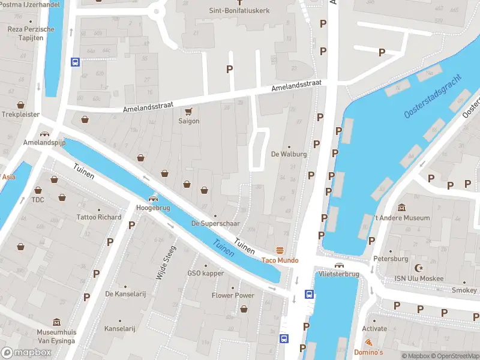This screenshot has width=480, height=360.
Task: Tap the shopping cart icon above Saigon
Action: click(x=188, y=111)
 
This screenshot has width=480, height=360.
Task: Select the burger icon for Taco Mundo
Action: click(x=279, y=250)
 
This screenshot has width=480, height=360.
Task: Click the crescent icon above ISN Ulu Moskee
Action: click(x=419, y=268)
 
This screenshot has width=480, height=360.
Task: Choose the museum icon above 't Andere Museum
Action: click(x=401, y=208)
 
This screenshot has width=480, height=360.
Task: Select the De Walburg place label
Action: click(x=289, y=154)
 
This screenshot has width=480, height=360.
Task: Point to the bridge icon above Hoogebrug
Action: click(x=154, y=198)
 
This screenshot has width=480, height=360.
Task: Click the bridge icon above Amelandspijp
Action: click(x=43, y=134)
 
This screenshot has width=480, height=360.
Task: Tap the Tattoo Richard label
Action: click(x=99, y=217)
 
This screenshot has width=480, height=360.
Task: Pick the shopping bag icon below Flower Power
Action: click(x=244, y=308)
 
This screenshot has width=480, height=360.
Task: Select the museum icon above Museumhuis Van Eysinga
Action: click(x=56, y=322)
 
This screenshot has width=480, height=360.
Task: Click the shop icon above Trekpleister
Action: click(x=20, y=104)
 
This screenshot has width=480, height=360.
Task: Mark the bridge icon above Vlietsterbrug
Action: click(x=339, y=265)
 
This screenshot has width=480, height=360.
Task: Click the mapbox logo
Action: click(x=26, y=353)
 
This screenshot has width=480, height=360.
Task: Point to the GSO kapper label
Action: click(x=205, y=274)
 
